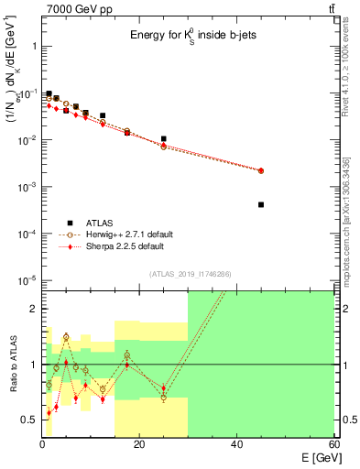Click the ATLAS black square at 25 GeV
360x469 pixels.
[x=163, y=139]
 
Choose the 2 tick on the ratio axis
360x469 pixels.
[x=32, y=309]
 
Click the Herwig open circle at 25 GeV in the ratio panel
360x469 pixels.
[x=163, y=398]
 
